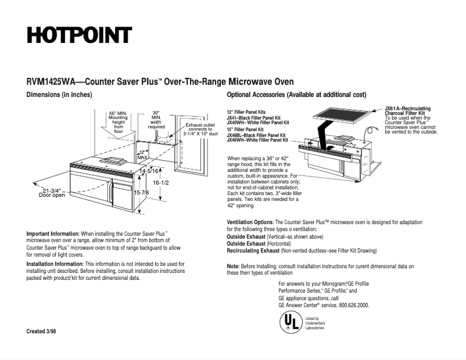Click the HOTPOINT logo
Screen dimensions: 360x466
[x=79, y=35]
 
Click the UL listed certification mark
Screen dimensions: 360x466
[x=290, y=322]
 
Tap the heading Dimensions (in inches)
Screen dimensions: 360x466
[x=59, y=95]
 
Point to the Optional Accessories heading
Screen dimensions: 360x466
[x=296, y=95]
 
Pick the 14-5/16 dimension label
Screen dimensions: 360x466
[x=149, y=171]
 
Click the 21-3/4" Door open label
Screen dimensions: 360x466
[x=52, y=193]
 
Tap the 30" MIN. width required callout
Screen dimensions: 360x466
[x=156, y=120]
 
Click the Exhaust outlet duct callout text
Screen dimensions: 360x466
[x=200, y=129]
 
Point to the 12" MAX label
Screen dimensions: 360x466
[x=142, y=154]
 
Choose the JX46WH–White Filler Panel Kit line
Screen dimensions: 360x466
[x=257, y=140]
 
